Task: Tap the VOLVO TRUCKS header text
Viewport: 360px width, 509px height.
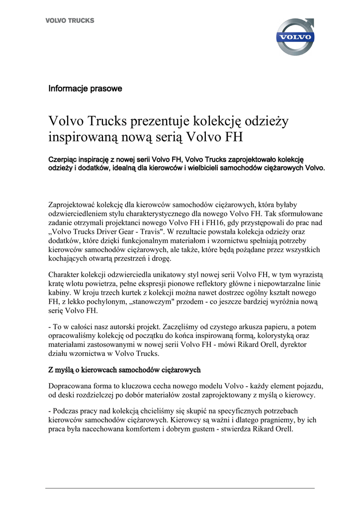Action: (x=70, y=21)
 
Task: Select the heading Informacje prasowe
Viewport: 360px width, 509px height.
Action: (x=85, y=89)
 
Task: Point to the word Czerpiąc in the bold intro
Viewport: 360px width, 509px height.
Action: (x=63, y=159)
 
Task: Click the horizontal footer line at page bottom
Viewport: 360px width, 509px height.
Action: (x=180, y=488)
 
